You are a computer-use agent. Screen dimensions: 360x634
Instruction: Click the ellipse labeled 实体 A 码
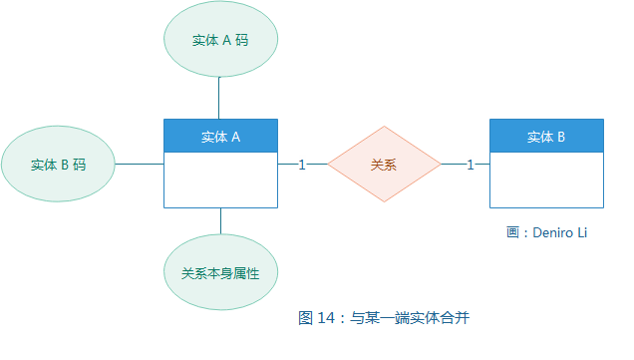220,41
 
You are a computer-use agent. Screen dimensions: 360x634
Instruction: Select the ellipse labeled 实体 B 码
58,165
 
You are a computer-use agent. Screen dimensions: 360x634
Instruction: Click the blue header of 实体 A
220,137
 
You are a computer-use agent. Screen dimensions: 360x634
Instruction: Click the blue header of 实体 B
546,137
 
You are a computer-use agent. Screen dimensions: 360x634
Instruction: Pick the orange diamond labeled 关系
384,165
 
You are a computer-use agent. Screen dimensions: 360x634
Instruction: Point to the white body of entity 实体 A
220,180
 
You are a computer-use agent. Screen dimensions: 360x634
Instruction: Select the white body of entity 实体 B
546,180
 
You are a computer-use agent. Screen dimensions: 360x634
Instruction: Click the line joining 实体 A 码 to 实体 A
220,98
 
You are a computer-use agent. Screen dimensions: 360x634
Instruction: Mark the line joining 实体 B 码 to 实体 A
140,165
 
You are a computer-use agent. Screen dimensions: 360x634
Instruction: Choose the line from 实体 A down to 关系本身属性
220,221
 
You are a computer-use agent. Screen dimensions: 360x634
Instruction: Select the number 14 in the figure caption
326,319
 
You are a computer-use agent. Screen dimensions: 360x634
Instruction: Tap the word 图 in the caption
306,319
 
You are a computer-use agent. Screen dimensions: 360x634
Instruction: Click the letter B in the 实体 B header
561,137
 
